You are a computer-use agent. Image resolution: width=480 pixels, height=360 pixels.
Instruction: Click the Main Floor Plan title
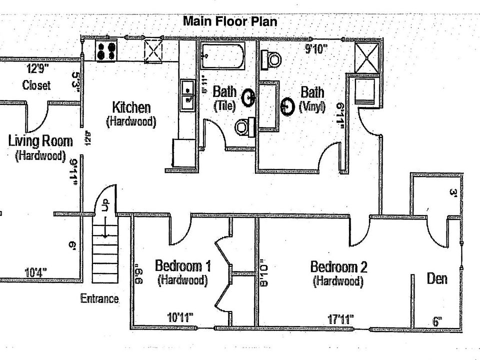point(229,21)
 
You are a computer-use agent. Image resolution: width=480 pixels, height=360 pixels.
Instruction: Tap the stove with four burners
point(106,50)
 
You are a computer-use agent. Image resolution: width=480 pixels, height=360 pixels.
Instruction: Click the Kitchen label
point(131,107)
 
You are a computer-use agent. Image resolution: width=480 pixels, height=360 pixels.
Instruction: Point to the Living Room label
point(40,140)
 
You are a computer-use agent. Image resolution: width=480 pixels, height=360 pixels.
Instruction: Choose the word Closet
point(36,85)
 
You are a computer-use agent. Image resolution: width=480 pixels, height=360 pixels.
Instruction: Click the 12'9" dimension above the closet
point(38,68)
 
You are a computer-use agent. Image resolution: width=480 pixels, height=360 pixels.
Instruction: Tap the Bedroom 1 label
point(182,265)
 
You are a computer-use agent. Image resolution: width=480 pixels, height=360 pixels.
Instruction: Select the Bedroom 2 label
point(338,266)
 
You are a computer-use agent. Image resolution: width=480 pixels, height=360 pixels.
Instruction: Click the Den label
point(437,278)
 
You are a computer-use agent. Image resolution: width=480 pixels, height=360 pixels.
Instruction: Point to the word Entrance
point(99,299)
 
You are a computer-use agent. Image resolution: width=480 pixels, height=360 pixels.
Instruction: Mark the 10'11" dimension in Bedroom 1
point(179,317)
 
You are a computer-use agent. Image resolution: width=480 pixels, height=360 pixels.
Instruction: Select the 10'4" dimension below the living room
point(36,272)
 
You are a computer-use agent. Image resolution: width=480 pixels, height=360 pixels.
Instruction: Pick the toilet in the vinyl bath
point(273,59)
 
